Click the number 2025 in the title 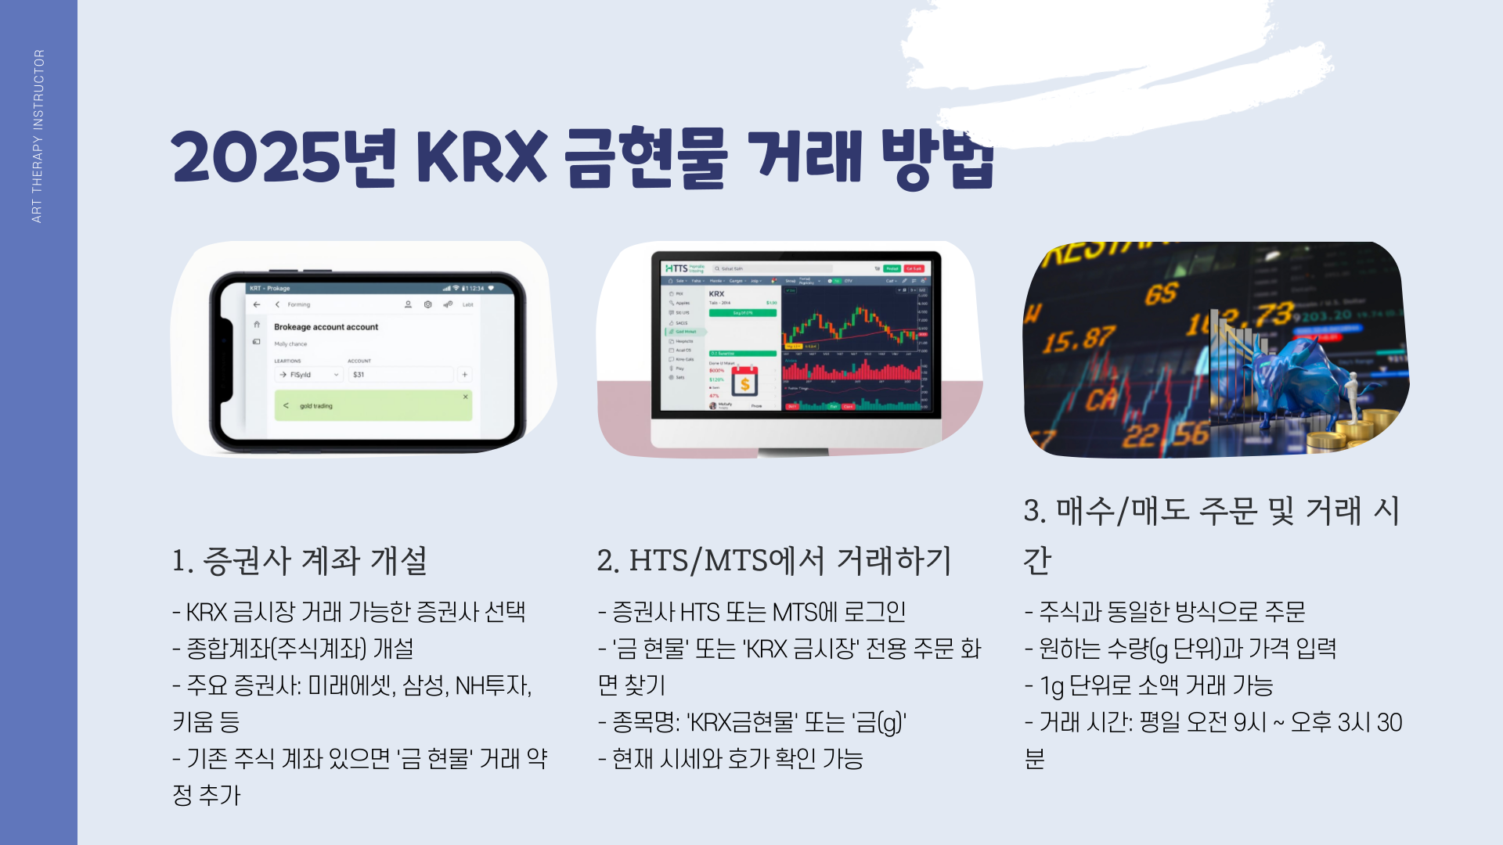(x=256, y=157)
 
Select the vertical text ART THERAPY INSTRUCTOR (x=38, y=136)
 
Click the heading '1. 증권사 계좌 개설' (x=300, y=560)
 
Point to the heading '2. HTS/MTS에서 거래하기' (x=773, y=560)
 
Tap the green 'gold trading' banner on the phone (x=373, y=405)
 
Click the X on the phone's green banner (x=465, y=397)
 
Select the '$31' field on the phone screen (x=400, y=375)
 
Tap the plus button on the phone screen (x=464, y=375)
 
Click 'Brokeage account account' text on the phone (x=326, y=327)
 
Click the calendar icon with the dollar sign (x=744, y=383)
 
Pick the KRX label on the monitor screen (x=716, y=294)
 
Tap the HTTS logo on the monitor (x=676, y=268)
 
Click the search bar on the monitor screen (x=771, y=268)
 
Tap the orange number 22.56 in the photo (x=1165, y=435)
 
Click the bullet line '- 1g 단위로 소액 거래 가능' (x=1148, y=685)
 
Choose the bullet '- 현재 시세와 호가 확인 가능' (x=730, y=759)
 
